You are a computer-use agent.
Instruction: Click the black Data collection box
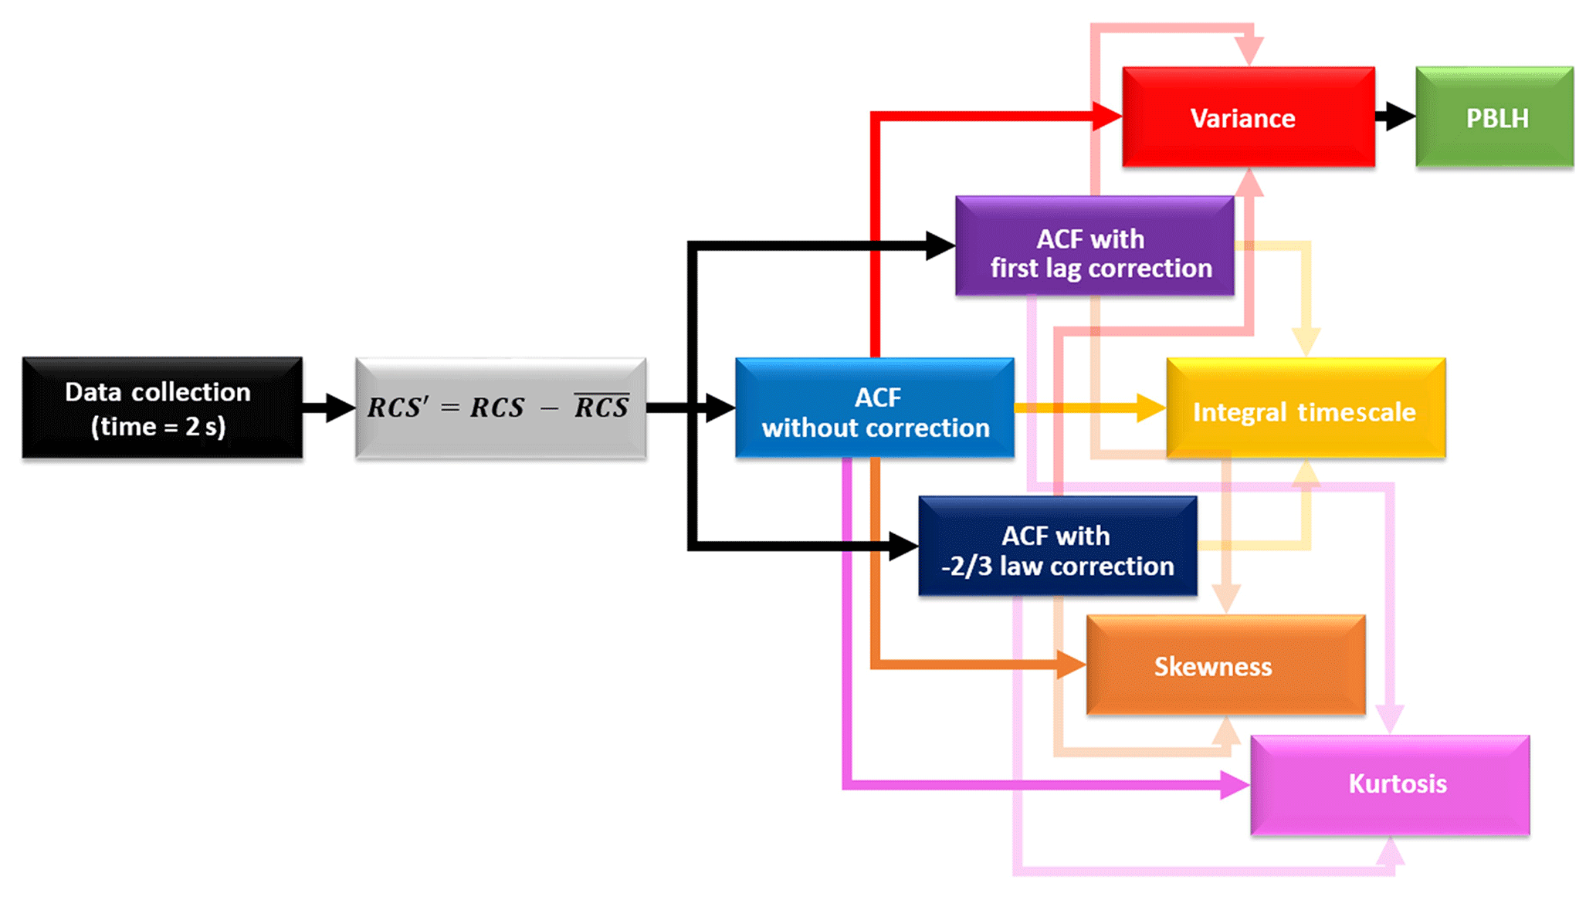click(x=162, y=408)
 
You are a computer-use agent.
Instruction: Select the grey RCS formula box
click(x=500, y=408)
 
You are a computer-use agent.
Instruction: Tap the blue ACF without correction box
click(x=874, y=408)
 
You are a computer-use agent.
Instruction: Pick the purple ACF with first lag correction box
click(x=1094, y=245)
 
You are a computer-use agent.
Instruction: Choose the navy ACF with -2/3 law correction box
click(x=1057, y=546)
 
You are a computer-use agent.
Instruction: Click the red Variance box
click(x=1248, y=117)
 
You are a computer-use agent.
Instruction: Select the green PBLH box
click(x=1494, y=117)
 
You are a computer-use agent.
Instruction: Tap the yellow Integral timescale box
click(x=1305, y=408)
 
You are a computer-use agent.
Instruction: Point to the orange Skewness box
click(x=1225, y=665)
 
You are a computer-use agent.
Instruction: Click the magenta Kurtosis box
click(x=1389, y=784)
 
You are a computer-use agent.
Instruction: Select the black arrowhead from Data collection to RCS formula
click(x=338, y=408)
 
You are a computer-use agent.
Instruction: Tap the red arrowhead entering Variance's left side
click(x=1106, y=117)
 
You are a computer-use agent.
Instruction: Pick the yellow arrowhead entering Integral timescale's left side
click(x=1150, y=408)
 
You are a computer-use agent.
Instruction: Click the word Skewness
click(x=1212, y=666)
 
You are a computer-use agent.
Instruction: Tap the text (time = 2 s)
click(x=158, y=426)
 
